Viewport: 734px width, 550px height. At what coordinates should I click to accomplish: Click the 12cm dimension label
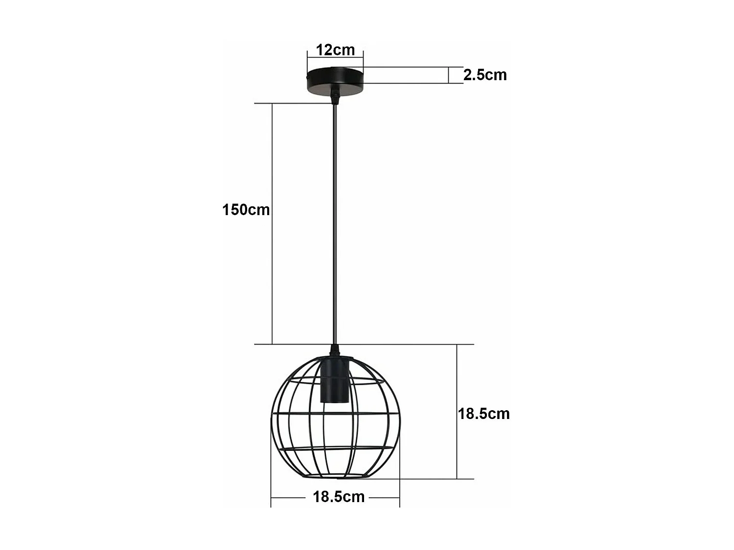(335, 49)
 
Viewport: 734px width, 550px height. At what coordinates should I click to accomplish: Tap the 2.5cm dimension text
(485, 75)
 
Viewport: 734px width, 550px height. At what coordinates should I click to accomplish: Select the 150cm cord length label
(246, 210)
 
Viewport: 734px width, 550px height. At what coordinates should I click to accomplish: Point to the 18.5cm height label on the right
(483, 414)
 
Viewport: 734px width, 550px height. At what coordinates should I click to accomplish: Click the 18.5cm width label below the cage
(339, 497)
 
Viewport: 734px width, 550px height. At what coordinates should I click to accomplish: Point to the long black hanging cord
(335, 220)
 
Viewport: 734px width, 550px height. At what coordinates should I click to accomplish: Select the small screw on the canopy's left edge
(307, 77)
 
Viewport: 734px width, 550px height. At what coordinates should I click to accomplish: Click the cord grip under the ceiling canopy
(335, 97)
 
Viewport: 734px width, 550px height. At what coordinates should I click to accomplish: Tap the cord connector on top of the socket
(335, 351)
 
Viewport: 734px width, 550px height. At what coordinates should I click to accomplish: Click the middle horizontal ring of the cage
(335, 414)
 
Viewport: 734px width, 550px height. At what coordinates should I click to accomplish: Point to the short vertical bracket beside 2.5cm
(449, 75)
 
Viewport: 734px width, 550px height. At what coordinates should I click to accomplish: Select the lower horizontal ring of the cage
(335, 447)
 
